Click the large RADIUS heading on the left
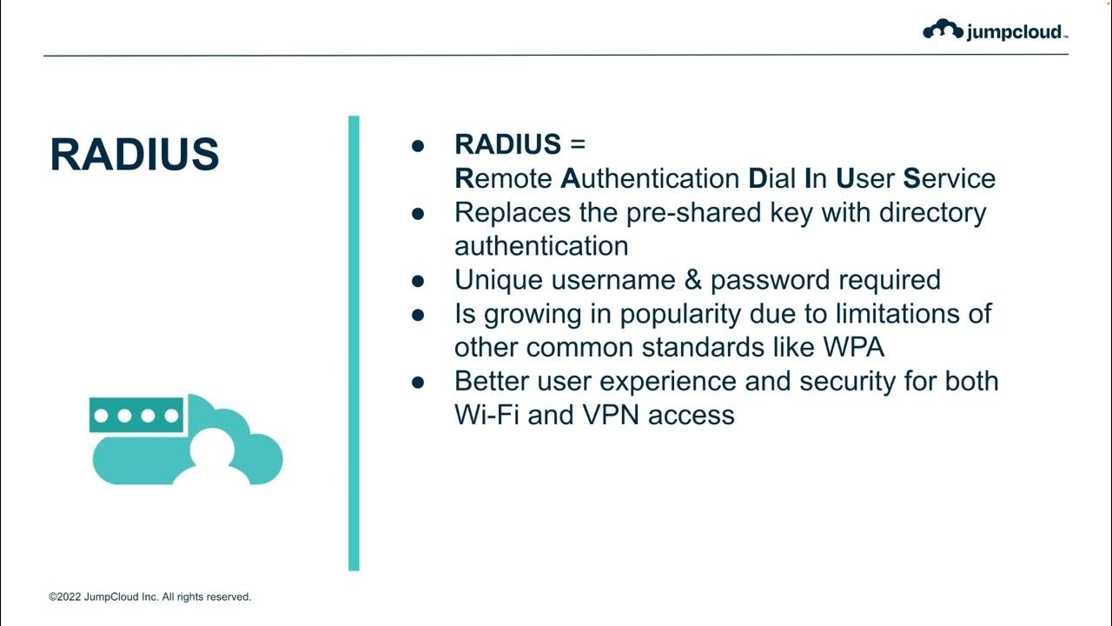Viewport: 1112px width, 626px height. (x=135, y=154)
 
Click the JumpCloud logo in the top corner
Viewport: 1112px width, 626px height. (x=995, y=31)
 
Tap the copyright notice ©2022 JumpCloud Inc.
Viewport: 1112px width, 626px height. (x=149, y=597)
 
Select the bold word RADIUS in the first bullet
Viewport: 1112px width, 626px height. (x=507, y=144)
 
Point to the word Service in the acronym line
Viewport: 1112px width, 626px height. (x=949, y=178)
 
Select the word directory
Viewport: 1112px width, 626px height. (x=924, y=212)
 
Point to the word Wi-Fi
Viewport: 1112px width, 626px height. (x=486, y=415)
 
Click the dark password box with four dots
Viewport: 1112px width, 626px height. (x=136, y=416)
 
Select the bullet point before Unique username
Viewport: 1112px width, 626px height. (x=418, y=281)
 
